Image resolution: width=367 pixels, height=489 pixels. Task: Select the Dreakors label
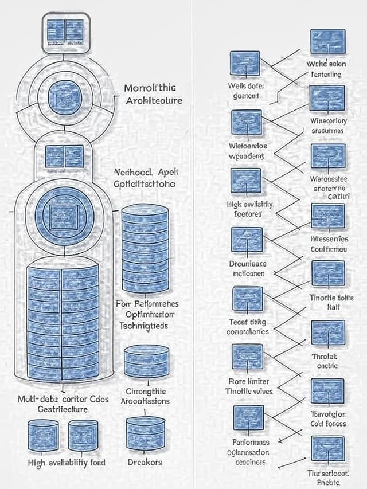coord(145,462)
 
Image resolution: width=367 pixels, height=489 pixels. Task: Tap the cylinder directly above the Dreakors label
coord(146,433)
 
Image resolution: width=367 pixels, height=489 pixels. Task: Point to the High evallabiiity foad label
coord(67,463)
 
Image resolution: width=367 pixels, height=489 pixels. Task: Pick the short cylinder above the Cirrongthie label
coord(146,361)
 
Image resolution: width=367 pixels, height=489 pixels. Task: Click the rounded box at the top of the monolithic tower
coord(66,33)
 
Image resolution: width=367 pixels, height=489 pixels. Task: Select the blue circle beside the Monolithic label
coord(65,96)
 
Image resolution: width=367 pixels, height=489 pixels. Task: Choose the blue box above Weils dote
coord(245,64)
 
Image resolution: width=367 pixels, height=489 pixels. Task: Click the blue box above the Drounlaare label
coord(247,240)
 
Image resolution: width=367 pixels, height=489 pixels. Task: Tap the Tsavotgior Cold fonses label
coord(328,418)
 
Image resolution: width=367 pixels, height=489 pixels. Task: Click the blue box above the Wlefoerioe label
coord(247,122)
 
